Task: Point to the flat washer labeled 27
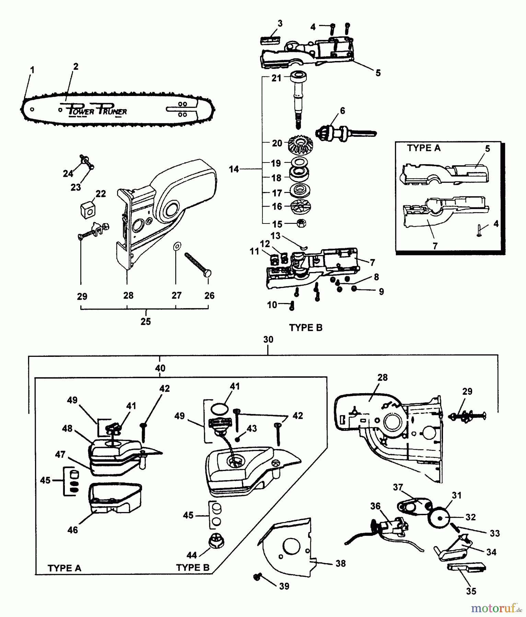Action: pyautogui.click(x=177, y=246)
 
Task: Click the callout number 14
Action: pyautogui.click(x=234, y=169)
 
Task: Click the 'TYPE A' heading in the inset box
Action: pyautogui.click(x=423, y=148)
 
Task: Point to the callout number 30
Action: pyautogui.click(x=268, y=339)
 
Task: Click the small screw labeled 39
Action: pyautogui.click(x=257, y=577)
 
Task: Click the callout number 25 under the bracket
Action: pyautogui.click(x=145, y=322)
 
